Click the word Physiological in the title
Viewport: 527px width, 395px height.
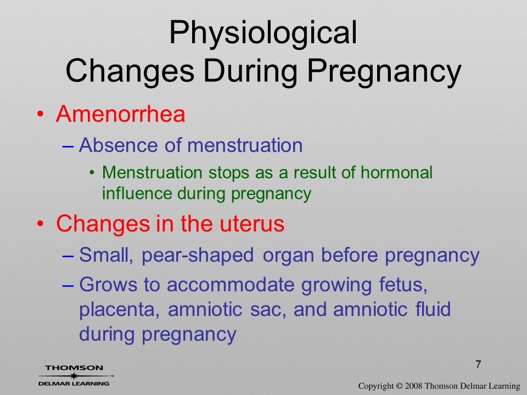pyautogui.click(x=263, y=33)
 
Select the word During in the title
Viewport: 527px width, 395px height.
pyautogui.click(x=250, y=71)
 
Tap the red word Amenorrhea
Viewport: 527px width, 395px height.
pyautogui.click(x=121, y=114)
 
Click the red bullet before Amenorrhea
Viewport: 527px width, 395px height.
pyautogui.click(x=40, y=114)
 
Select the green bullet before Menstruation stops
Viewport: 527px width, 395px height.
pyautogui.click(x=92, y=173)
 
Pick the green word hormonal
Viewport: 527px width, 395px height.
pyautogui.click(x=396, y=172)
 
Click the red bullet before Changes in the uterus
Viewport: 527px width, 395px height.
pyautogui.click(x=40, y=224)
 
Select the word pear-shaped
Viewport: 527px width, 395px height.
pyautogui.click(x=198, y=256)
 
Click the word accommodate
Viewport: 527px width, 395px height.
pyautogui.click(x=231, y=285)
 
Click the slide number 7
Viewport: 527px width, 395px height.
pyautogui.click(x=478, y=364)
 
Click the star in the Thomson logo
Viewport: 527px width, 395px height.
pyautogui.click(x=74, y=375)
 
